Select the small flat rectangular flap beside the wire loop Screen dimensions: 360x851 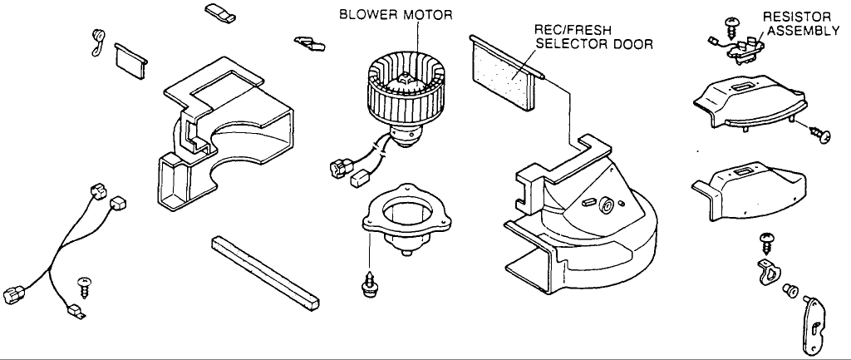[x=131, y=59]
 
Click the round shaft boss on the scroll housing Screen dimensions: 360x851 [x=606, y=203]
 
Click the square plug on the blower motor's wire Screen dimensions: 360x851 [x=360, y=177]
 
